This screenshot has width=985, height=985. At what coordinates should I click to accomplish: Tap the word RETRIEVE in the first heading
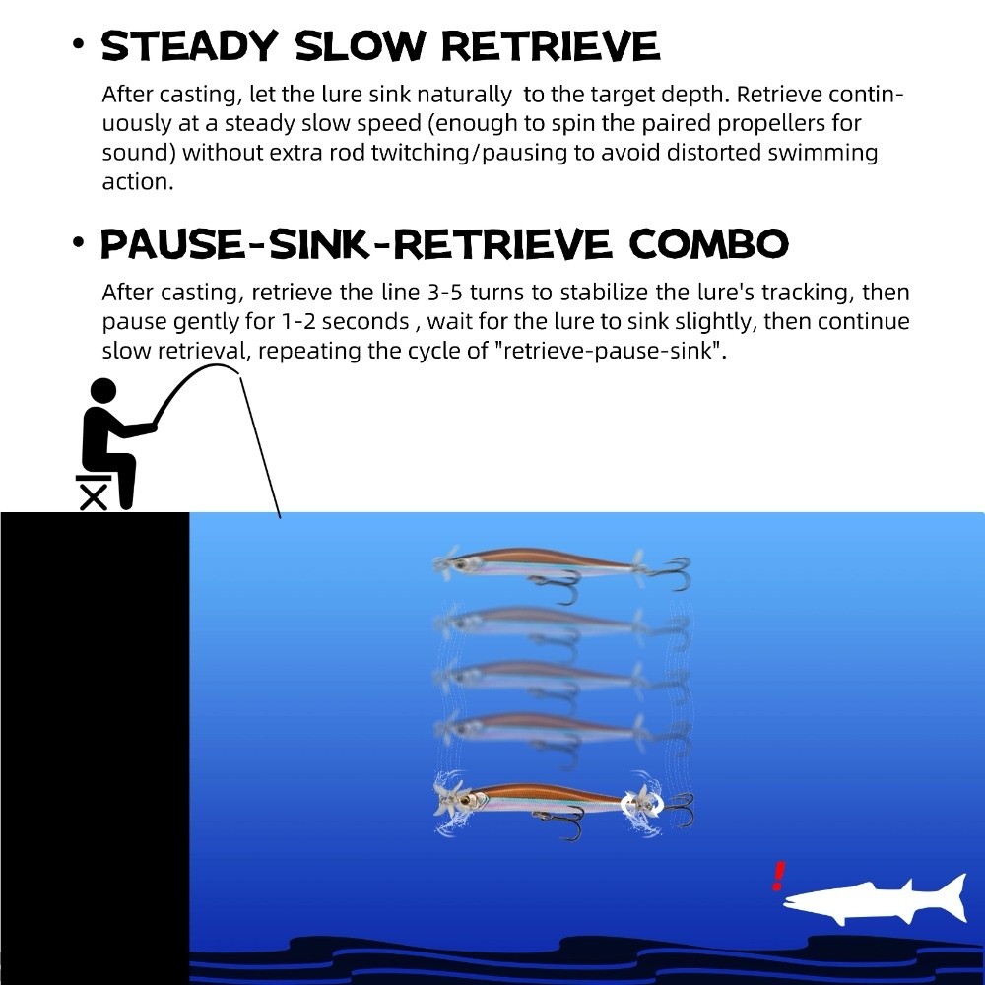tap(551, 46)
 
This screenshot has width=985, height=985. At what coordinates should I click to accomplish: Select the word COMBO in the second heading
tap(708, 243)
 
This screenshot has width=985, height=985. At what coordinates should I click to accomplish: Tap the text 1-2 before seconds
tap(295, 322)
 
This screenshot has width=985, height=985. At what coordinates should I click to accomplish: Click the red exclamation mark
tap(779, 876)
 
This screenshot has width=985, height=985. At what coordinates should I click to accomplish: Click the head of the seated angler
tap(103, 391)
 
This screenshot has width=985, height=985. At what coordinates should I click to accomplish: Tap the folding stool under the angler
tap(93, 492)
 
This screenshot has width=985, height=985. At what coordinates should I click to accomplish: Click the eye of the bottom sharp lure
tap(466, 802)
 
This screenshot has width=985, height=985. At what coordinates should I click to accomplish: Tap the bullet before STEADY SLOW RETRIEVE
tap(78, 44)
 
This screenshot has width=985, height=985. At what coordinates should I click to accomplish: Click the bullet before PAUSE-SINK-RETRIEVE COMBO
tap(78, 242)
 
